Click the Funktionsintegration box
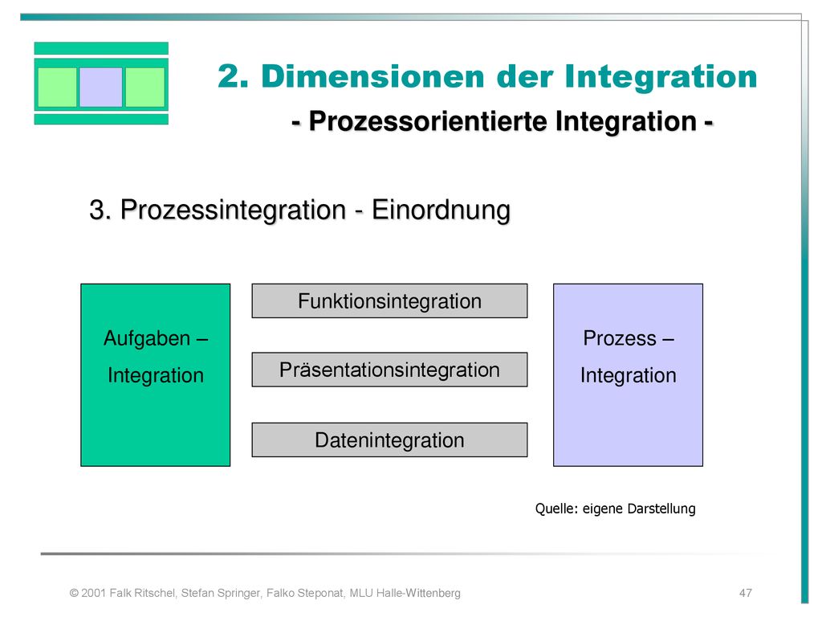(x=389, y=300)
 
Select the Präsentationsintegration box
(x=389, y=370)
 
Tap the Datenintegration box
(x=389, y=439)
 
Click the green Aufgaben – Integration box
(x=155, y=375)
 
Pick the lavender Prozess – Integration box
(x=628, y=375)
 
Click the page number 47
(x=746, y=593)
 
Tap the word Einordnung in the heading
(x=441, y=210)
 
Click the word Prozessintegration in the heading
(x=234, y=210)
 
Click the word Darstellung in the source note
(x=661, y=509)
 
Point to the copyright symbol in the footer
(x=74, y=593)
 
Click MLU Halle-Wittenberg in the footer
(x=405, y=593)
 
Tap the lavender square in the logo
(x=100, y=87)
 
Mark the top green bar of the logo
(x=101, y=48)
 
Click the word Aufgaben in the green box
(x=147, y=338)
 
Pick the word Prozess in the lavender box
(x=620, y=338)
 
